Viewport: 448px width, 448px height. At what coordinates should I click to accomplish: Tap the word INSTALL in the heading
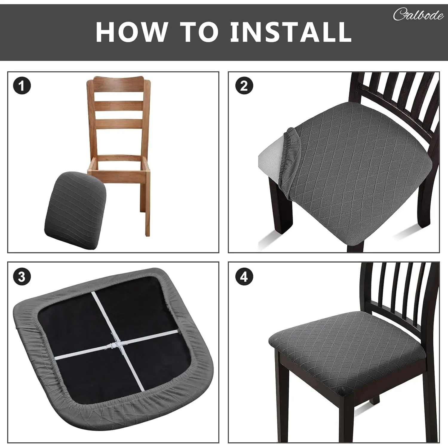coord(291,31)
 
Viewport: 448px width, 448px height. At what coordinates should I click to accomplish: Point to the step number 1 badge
coord(22,86)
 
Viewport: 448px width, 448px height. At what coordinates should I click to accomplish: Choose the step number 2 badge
coord(244,86)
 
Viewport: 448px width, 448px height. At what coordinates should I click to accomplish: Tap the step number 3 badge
coord(22,277)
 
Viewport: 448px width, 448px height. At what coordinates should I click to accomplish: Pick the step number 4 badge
coord(244,277)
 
